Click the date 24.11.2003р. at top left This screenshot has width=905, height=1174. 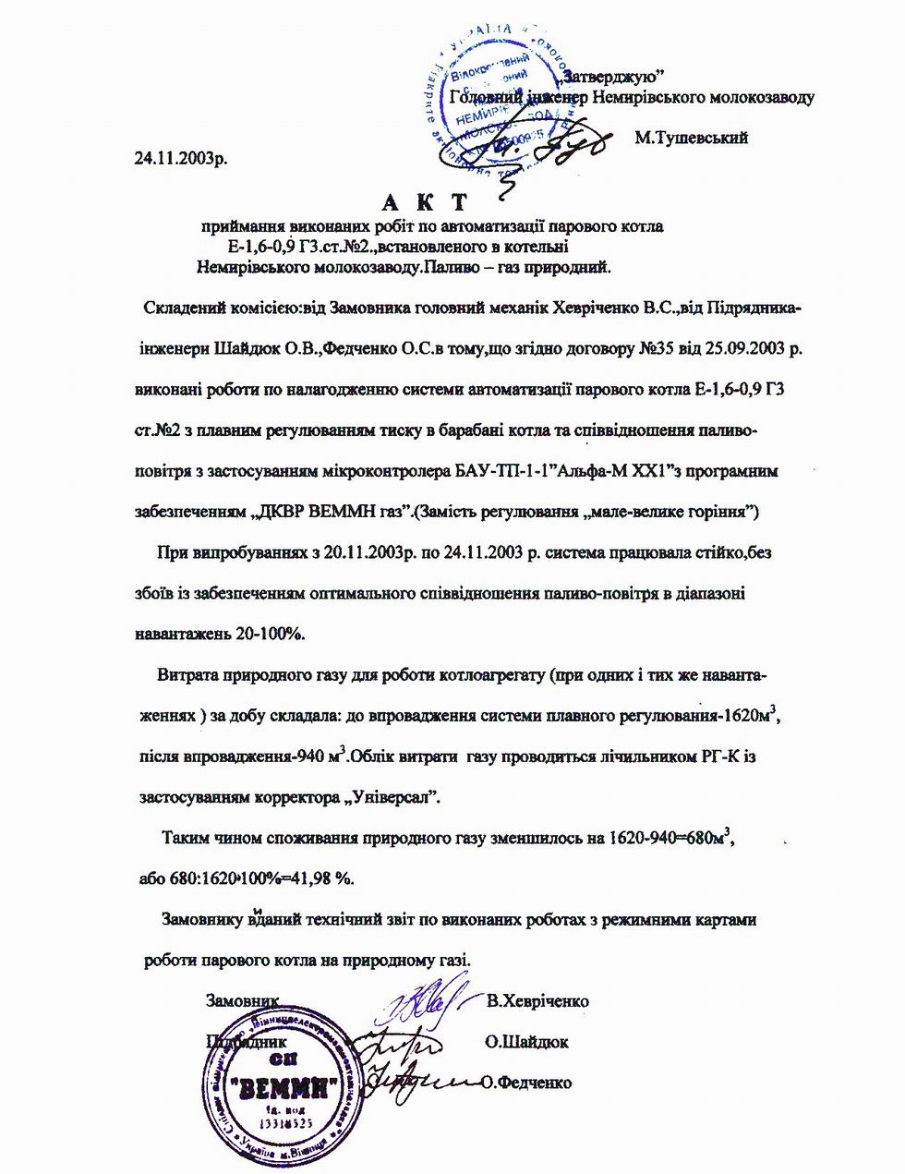tap(181, 157)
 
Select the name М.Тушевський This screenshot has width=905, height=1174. tap(691, 138)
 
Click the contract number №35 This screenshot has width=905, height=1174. tap(659, 349)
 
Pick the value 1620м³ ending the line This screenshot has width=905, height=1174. tap(756, 716)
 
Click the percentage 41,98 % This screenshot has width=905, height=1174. tap(324, 878)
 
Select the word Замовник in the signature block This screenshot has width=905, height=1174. tap(242, 1000)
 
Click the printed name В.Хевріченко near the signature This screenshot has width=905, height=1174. tap(537, 1001)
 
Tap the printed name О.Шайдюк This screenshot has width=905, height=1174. tap(525, 1042)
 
